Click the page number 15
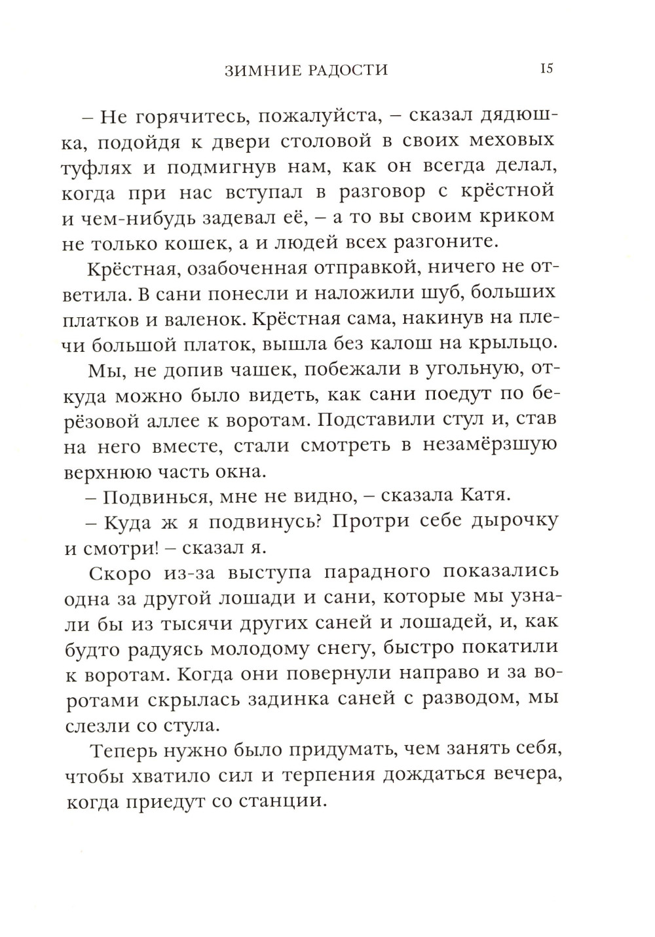click(547, 68)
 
